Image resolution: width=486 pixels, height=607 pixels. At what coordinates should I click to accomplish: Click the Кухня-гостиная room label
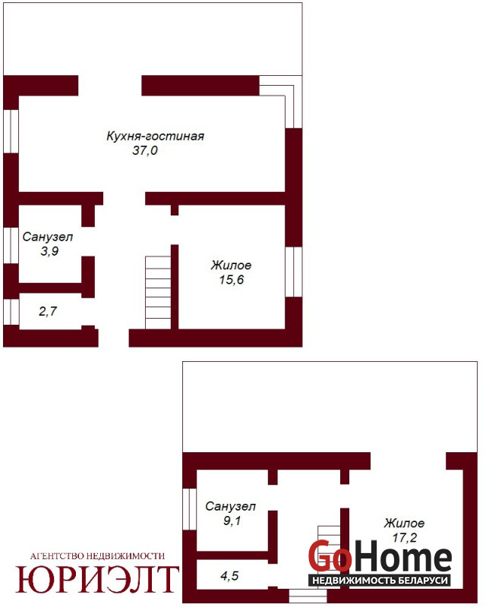[x=156, y=137]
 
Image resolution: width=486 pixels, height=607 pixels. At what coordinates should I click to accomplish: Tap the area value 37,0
[x=145, y=150]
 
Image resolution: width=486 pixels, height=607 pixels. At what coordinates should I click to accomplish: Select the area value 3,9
[x=49, y=251]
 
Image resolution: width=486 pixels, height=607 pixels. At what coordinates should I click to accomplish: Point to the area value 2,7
[x=48, y=311]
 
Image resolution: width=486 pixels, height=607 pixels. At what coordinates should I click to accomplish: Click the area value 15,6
[x=232, y=279]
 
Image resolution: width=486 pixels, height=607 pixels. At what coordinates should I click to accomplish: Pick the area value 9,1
[x=232, y=521]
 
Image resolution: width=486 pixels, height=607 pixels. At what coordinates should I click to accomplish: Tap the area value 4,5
[x=229, y=576]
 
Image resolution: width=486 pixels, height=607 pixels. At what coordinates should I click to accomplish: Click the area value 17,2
[x=404, y=537]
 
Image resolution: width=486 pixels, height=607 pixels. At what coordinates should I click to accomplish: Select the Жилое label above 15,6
[x=231, y=265]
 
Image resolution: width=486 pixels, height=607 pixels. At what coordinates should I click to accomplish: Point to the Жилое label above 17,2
[x=404, y=523]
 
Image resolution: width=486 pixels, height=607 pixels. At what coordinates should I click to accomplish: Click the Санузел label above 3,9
[x=48, y=237]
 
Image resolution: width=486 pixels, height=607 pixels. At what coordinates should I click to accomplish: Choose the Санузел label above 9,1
[x=231, y=506]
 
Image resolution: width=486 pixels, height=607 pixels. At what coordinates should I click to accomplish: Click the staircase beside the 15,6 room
[x=158, y=292]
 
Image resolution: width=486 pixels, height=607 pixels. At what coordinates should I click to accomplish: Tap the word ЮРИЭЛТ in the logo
[x=96, y=579]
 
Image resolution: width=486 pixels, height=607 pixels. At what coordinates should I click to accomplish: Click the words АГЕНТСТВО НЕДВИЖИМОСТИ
[x=97, y=556]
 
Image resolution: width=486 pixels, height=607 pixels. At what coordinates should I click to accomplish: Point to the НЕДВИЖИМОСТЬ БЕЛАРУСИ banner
[x=380, y=580]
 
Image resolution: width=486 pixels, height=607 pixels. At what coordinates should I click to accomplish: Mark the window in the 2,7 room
[x=11, y=312]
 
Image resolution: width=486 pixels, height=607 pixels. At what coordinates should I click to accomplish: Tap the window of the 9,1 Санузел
[x=190, y=509]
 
